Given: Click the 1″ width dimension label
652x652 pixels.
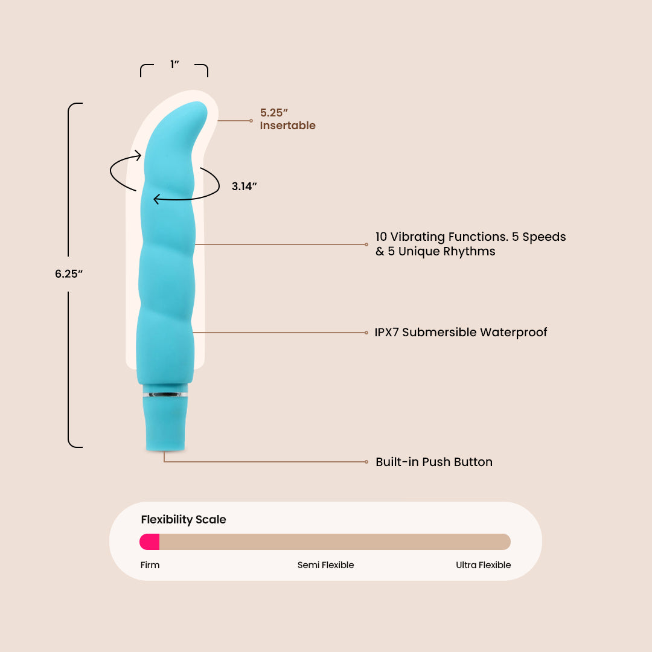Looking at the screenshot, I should click(174, 65).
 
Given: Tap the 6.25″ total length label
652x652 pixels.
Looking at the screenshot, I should click(68, 273).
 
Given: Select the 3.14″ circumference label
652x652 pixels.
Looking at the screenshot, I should click(245, 187).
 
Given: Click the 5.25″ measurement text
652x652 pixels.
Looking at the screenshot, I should click(274, 112).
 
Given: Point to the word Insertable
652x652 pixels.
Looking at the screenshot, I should click(288, 126).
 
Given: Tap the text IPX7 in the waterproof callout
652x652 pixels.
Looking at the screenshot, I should click(386, 332).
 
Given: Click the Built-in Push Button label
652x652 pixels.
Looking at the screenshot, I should click(434, 462).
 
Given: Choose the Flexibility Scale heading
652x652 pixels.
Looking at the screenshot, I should click(184, 519).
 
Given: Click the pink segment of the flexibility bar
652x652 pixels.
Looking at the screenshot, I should click(150, 542).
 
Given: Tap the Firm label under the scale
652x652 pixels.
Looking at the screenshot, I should click(150, 565).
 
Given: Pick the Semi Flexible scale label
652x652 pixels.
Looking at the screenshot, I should click(325, 565).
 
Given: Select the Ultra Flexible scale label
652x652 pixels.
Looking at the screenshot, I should click(483, 565).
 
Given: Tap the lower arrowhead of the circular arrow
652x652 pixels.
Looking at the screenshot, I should click(156, 199).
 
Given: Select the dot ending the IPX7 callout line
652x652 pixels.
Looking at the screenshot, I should click(366, 332).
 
